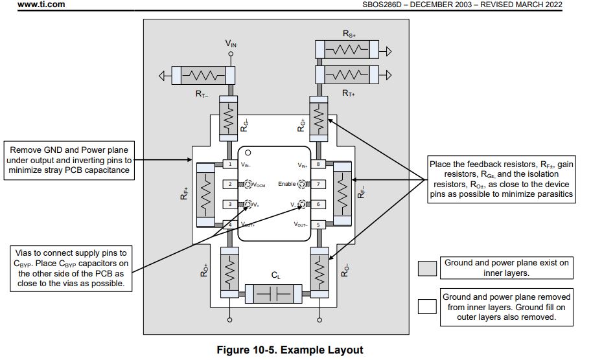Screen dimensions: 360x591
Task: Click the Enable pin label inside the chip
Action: (x=286, y=185)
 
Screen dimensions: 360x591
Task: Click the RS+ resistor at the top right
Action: (x=349, y=49)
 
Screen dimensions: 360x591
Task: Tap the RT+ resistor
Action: (x=349, y=75)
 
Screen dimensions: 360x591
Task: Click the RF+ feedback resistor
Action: (x=206, y=194)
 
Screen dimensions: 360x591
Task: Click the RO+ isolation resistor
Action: (x=229, y=271)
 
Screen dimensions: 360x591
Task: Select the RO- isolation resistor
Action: (x=318, y=271)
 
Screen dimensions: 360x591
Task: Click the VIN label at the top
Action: (x=231, y=43)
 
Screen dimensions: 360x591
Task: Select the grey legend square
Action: (x=427, y=268)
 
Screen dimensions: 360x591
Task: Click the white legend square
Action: (x=427, y=306)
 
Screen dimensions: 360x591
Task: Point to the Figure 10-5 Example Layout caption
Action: (x=290, y=350)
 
